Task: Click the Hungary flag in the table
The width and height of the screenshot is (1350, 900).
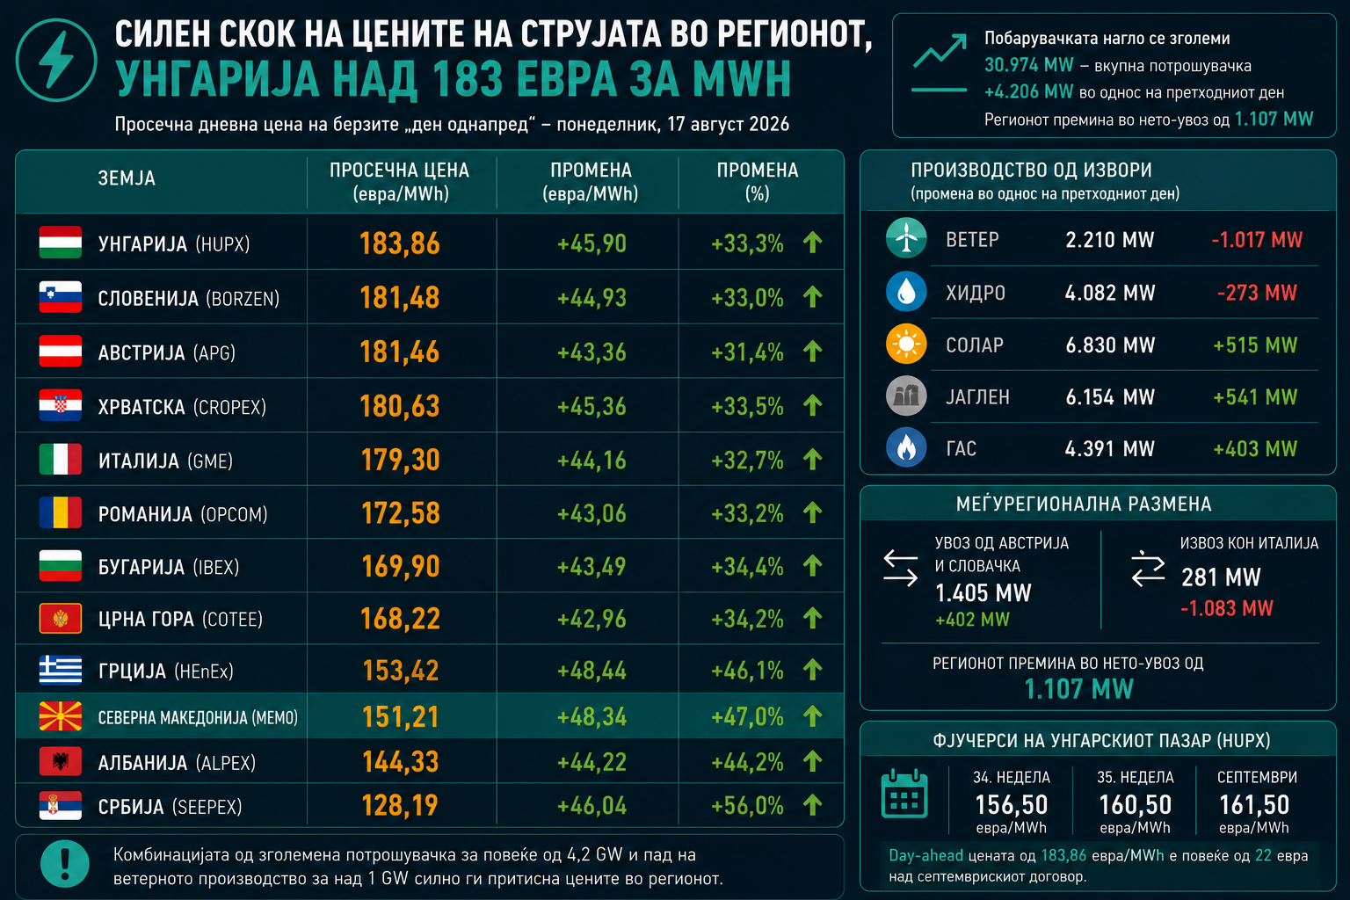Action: coord(61,243)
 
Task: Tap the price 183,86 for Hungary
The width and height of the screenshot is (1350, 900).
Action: coord(400,243)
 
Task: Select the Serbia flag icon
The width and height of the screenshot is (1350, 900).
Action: coord(61,805)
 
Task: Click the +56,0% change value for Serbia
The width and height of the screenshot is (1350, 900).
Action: coord(747,806)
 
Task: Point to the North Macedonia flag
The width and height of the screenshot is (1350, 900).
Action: coord(61,716)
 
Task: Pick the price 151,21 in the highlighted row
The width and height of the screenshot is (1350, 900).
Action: coord(400,716)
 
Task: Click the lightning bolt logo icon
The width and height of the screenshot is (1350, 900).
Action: coord(56,61)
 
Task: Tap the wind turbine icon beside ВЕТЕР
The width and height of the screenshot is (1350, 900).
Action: coord(906,238)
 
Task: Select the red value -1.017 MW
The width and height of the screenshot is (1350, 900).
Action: coord(1257,240)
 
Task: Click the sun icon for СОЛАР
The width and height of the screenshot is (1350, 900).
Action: coord(906,344)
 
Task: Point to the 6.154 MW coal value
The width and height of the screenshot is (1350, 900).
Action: coord(1109,396)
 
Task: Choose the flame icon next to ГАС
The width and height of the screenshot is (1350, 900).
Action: coord(906,447)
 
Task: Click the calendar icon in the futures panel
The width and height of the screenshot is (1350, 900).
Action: coord(904,794)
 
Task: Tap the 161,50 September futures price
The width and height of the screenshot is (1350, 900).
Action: coord(1254,805)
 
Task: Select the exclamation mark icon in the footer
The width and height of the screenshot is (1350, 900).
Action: coord(64,864)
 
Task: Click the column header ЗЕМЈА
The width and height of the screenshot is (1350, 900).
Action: coord(127,178)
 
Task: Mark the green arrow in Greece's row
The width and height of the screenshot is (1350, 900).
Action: coord(812,669)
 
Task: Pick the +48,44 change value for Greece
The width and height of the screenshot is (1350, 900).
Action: coord(592,671)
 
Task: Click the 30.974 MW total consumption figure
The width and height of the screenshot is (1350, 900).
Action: coord(1029,64)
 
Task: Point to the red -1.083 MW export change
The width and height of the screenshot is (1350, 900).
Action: coord(1226,608)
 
